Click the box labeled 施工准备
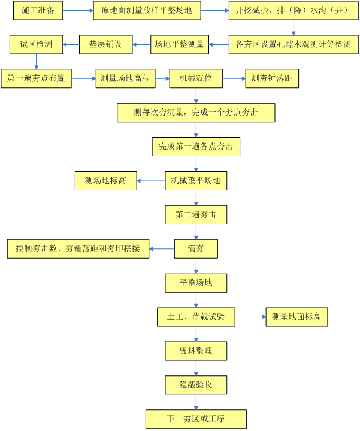pos(34,11)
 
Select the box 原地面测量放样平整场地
pos(147,11)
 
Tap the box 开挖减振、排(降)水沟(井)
pos(293,11)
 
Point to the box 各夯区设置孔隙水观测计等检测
pos(293,44)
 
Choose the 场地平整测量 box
pos(179,44)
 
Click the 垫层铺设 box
pos(105,44)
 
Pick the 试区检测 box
pos(36,44)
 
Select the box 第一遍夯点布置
pos(36,78)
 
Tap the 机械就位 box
pos(195,78)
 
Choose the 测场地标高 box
pos(105,180)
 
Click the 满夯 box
pos(195,248)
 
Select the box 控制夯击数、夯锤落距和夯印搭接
pos(78,248)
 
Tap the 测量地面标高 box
pos(297,316)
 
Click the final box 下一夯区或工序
pos(196,417)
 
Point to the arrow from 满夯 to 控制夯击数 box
pos(161,248)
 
